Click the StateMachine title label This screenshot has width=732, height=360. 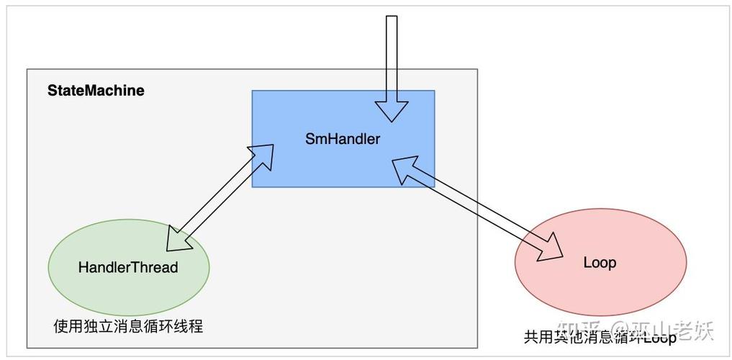tap(96, 91)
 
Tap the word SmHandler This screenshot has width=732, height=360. tap(343, 139)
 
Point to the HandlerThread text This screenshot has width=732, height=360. tap(128, 267)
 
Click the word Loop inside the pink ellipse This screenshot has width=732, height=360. tap(600, 263)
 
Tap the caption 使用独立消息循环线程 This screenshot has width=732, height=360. tap(128, 326)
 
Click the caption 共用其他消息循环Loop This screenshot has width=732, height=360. tap(600, 336)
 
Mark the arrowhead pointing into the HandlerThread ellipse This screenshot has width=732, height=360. tap(179, 238)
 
